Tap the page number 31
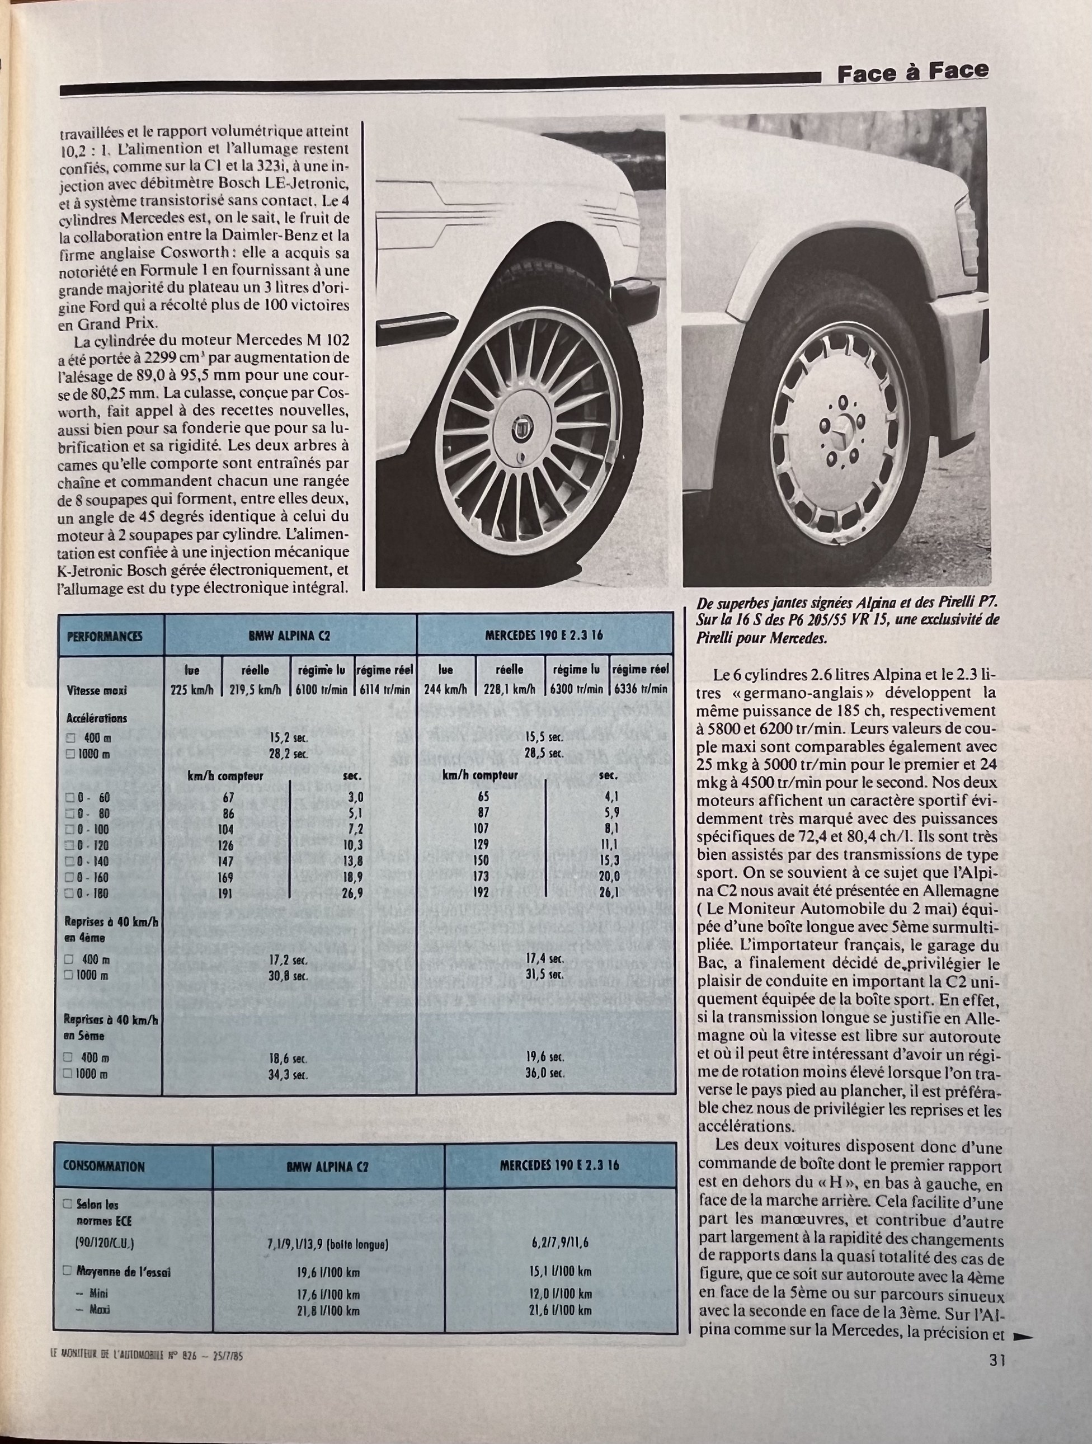pos(997,1359)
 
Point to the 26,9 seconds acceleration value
pos(355,893)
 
